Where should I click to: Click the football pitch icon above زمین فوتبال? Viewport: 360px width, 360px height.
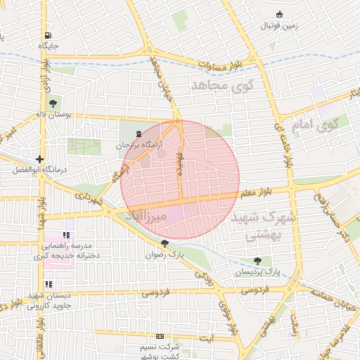coord(280,14)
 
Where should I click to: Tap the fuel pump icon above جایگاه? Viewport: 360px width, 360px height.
coord(47,35)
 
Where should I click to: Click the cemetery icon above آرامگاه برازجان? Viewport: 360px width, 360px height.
coord(138,133)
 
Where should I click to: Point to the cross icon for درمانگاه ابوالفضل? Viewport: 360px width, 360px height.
coord(40,160)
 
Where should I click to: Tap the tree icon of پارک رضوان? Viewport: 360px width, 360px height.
coord(165,243)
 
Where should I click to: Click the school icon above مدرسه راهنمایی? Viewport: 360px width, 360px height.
coord(67,235)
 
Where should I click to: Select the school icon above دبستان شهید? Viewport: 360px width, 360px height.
coord(49,285)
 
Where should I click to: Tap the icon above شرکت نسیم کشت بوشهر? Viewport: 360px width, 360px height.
coord(160,337)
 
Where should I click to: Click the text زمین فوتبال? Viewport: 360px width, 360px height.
coord(280,26)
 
